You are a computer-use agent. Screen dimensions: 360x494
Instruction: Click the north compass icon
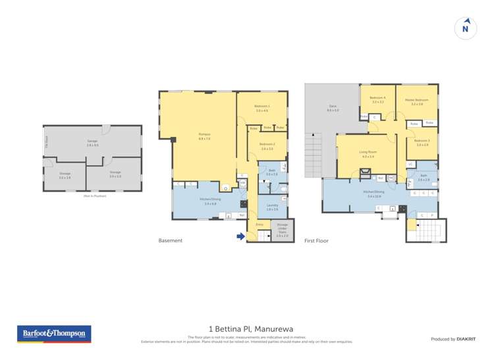466,28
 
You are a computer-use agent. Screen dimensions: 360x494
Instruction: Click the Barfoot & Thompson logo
54,334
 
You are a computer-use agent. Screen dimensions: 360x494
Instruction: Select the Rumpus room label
204,136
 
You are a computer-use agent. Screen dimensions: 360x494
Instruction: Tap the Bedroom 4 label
377,99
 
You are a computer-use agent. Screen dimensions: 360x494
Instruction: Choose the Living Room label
367,153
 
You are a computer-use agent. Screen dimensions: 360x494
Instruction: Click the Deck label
333,107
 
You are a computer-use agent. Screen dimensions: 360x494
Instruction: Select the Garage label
92,141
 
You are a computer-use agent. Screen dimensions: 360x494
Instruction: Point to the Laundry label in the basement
272,206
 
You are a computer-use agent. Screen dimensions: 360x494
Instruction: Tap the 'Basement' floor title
171,241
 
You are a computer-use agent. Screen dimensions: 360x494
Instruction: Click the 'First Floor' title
316,241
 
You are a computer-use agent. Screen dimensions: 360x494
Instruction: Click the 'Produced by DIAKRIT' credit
453,338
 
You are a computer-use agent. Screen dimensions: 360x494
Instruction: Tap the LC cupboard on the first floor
410,164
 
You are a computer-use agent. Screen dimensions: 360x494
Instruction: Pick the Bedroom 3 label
422,142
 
